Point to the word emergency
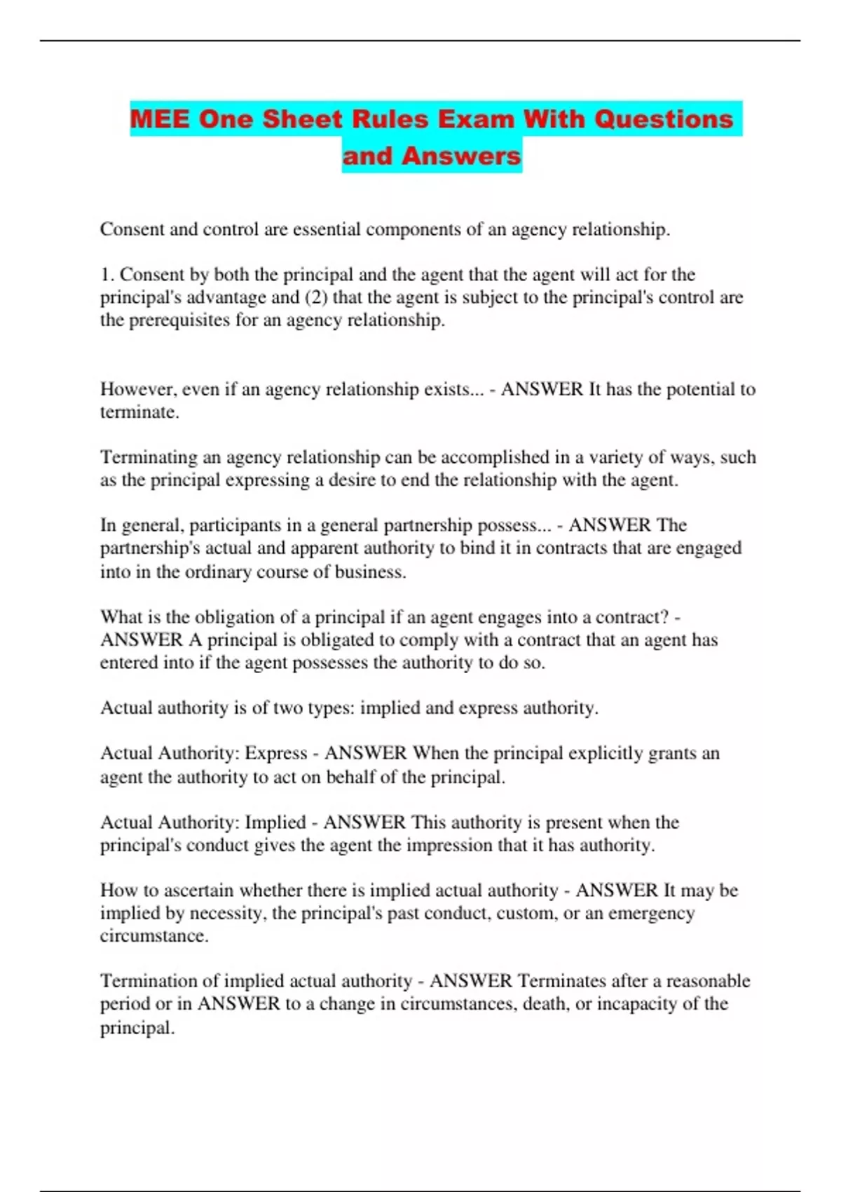651,913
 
